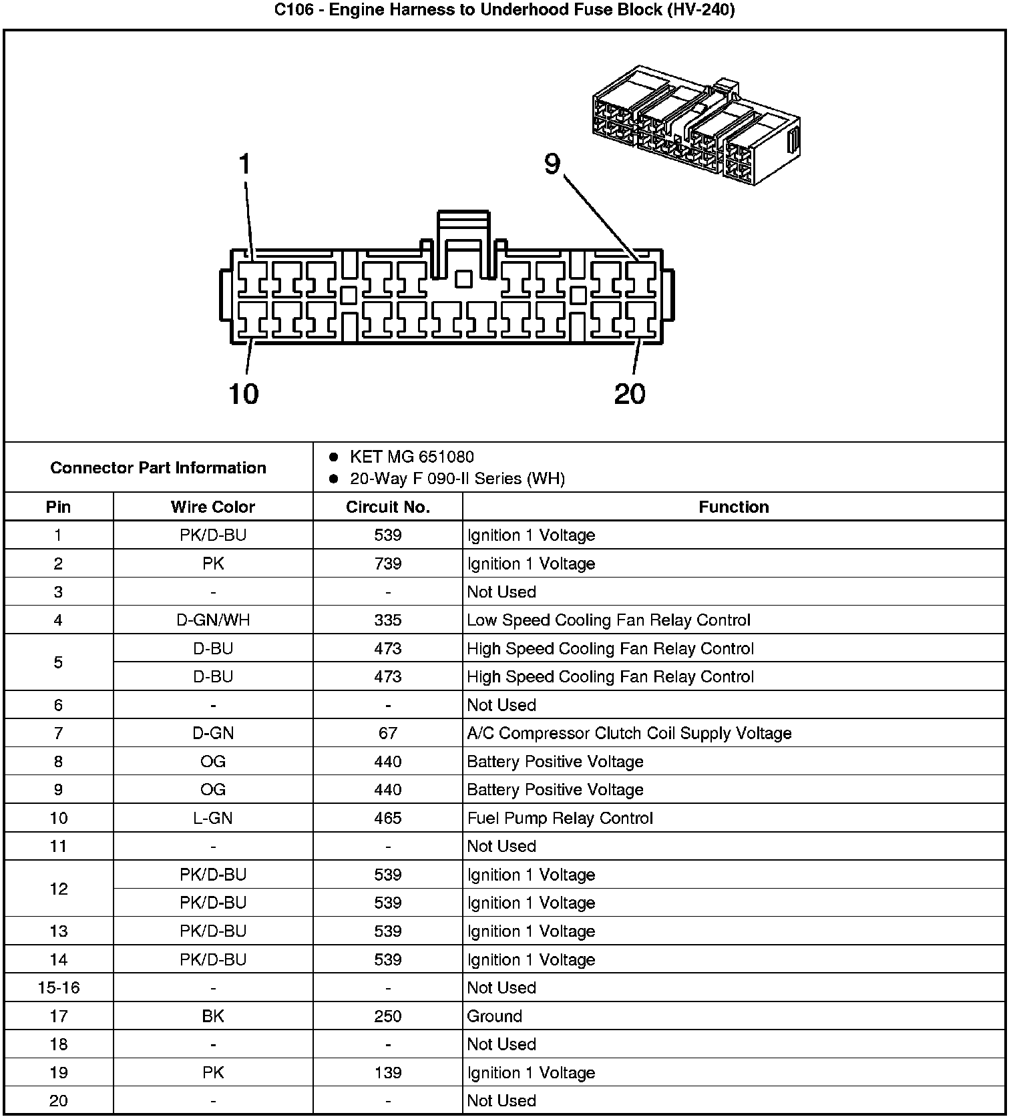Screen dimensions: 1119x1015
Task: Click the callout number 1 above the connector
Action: click(x=245, y=164)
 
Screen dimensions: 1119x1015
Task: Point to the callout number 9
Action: click(x=552, y=164)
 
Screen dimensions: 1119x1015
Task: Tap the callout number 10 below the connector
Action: click(x=244, y=393)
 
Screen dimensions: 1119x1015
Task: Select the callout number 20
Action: click(x=630, y=393)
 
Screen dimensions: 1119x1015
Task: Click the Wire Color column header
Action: click(x=213, y=507)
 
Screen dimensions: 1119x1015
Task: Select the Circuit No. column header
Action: click(x=388, y=507)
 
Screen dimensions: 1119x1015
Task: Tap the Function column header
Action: click(x=733, y=507)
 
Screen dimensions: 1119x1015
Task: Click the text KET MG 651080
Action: click(x=411, y=457)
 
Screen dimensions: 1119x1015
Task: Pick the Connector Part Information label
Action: click(x=158, y=467)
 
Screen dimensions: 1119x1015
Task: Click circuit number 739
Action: click(x=388, y=564)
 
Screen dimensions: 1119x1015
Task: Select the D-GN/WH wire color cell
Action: click(x=213, y=620)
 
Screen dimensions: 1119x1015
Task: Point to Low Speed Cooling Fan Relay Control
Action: click(x=608, y=620)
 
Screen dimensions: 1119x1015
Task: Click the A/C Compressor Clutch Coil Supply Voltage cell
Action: click(x=629, y=733)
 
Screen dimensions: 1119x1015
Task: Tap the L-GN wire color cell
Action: click(x=213, y=818)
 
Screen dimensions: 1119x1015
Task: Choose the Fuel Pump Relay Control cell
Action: click(x=560, y=818)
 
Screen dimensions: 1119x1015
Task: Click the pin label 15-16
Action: click(x=59, y=987)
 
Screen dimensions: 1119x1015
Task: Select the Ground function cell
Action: click(x=494, y=1016)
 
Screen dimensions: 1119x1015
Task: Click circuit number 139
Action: click(x=388, y=1072)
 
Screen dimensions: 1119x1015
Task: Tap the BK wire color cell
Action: click(x=213, y=1016)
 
